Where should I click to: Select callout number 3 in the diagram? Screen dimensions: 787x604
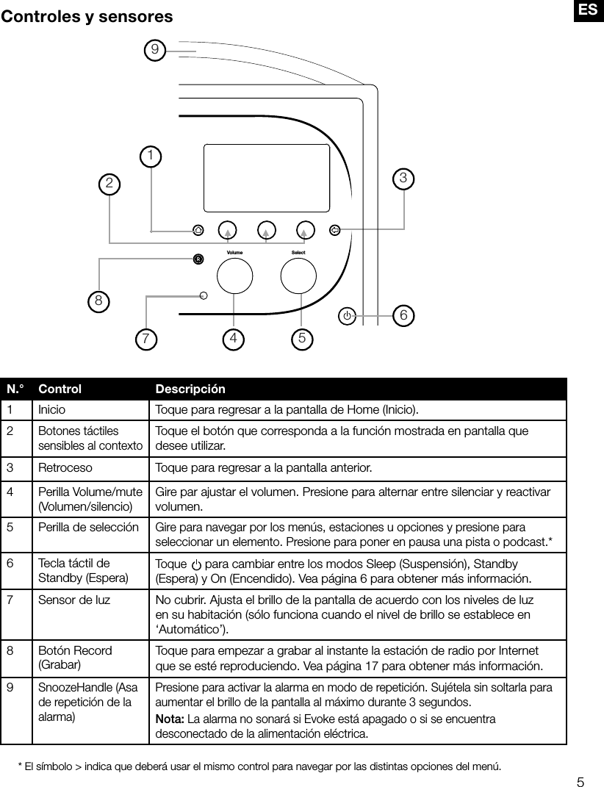403,178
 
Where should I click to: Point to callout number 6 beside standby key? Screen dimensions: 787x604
403,315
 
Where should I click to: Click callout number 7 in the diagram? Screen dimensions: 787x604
147,339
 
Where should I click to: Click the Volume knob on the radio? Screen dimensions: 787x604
234,276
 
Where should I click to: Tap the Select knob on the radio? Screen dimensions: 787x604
299,276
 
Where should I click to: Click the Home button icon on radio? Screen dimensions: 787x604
198,230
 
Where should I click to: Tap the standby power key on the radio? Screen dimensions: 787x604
347,316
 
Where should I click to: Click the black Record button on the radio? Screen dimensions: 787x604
198,259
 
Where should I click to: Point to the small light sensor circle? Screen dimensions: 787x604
204,296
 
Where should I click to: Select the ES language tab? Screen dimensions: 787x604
588,10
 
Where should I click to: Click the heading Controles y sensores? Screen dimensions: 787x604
87,16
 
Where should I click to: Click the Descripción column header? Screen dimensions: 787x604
190,389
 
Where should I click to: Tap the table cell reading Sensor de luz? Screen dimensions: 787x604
74,600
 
